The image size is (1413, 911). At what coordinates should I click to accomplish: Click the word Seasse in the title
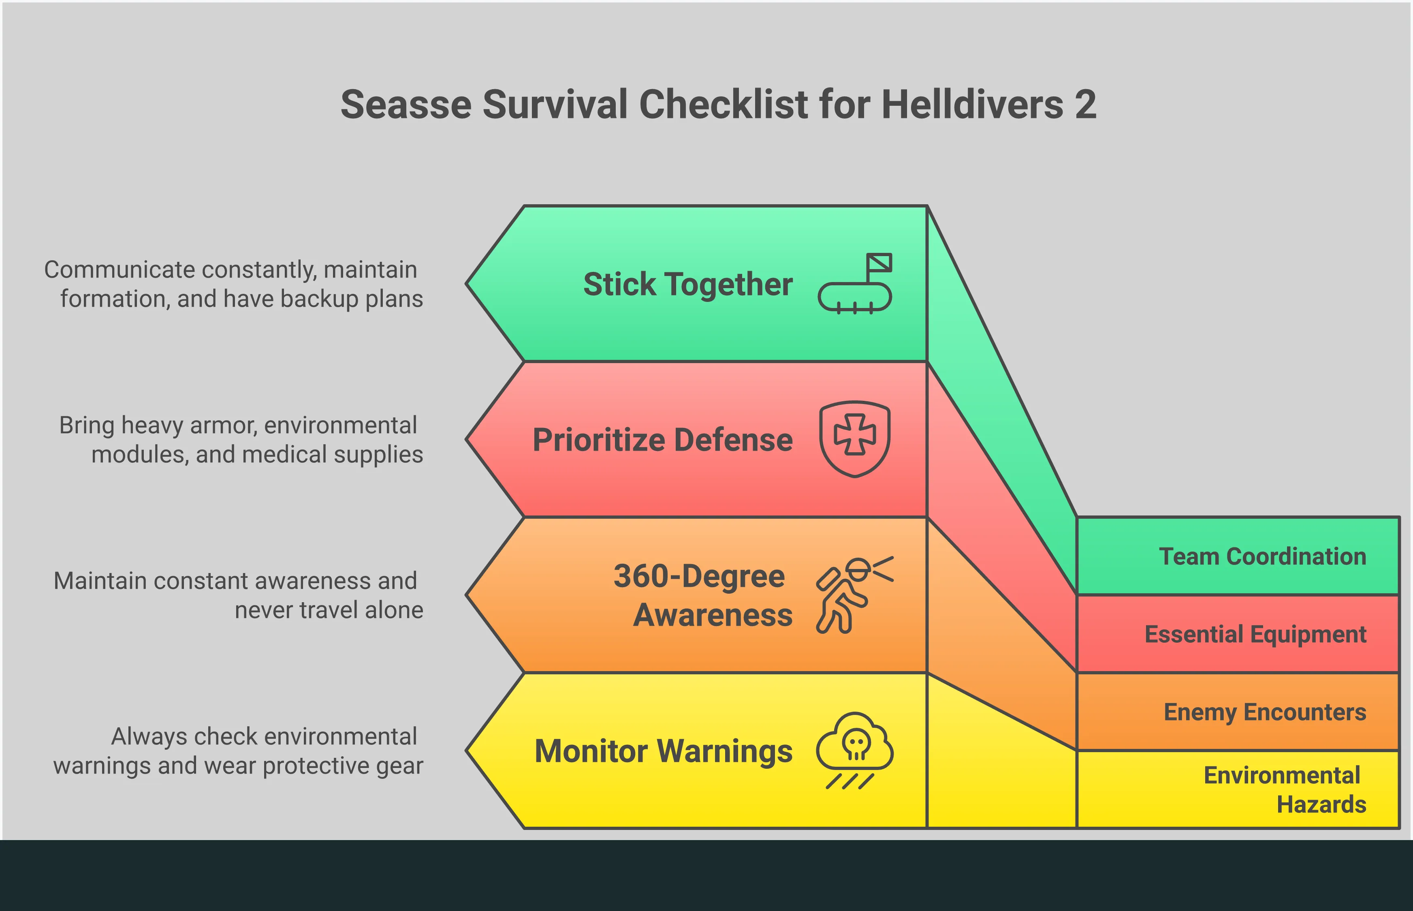(406, 105)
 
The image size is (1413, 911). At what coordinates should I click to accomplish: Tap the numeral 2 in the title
(1085, 105)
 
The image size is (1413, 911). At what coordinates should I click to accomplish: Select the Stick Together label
(687, 284)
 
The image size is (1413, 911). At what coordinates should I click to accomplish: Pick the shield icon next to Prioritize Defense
(855, 439)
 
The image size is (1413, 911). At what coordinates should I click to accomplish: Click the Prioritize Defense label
(662, 440)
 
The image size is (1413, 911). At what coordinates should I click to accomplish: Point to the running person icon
(854, 595)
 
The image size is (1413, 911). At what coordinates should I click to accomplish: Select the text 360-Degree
(699, 576)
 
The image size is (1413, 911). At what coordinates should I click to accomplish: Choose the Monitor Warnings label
(663, 751)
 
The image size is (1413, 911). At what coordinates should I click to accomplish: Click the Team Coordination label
(1262, 557)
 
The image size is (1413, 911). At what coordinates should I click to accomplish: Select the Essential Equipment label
(1255, 635)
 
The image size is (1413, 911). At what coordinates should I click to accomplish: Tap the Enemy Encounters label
(1265, 712)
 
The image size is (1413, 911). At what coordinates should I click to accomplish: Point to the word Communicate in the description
(120, 270)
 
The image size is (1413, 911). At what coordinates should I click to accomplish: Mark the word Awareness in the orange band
(713, 615)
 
